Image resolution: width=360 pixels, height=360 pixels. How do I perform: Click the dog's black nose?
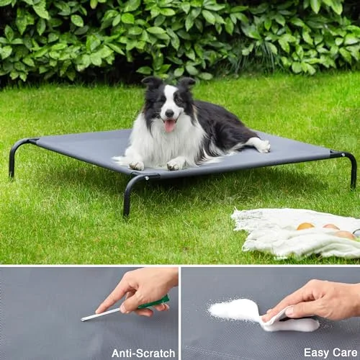[170, 113]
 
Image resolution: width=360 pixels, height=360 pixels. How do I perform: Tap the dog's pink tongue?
[170, 126]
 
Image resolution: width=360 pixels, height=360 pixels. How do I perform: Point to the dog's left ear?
[186, 82]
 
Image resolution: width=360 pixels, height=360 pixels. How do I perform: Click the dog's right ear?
[152, 81]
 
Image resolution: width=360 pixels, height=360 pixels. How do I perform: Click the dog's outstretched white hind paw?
[264, 145]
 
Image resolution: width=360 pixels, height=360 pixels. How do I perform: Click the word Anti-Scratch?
[143, 354]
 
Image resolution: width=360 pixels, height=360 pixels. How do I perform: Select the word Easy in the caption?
[316, 353]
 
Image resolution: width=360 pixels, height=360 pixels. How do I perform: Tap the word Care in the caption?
[345, 353]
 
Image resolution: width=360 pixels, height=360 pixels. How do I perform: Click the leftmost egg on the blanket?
[305, 226]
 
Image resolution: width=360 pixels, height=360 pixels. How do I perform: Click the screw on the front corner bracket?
[146, 178]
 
